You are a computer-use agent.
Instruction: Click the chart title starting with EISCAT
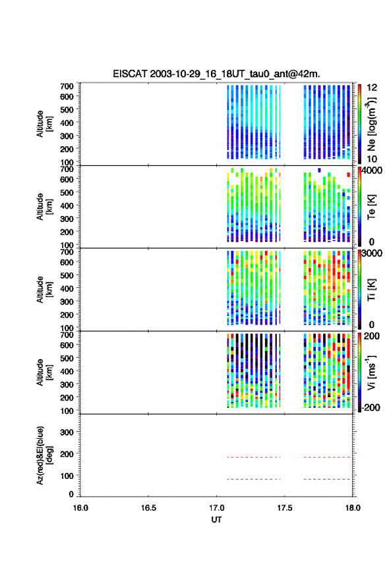click(x=216, y=74)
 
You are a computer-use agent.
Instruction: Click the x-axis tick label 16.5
click(x=148, y=508)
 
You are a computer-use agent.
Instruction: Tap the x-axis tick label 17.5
click(x=284, y=508)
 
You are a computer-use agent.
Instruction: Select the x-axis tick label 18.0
click(x=352, y=508)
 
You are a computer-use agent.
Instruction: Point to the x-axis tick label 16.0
click(x=80, y=508)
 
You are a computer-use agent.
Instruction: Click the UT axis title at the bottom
click(x=216, y=520)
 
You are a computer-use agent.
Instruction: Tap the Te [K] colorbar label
click(x=371, y=207)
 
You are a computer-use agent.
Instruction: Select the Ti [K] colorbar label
click(x=371, y=290)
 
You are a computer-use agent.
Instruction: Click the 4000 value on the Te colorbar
click(x=372, y=171)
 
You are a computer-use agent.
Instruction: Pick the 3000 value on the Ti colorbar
click(x=372, y=254)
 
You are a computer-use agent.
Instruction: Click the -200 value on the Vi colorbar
click(x=371, y=407)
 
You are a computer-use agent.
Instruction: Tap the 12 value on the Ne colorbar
click(x=372, y=88)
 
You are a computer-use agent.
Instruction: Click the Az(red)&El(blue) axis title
click(x=45, y=455)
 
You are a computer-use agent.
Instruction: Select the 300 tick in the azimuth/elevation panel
click(x=67, y=432)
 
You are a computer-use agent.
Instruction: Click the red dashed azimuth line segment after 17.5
click(x=327, y=457)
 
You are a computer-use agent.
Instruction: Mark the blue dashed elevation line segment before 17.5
click(x=254, y=479)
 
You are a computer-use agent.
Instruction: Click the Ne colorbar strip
click(x=360, y=124)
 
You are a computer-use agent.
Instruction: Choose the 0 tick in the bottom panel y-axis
click(x=71, y=494)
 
